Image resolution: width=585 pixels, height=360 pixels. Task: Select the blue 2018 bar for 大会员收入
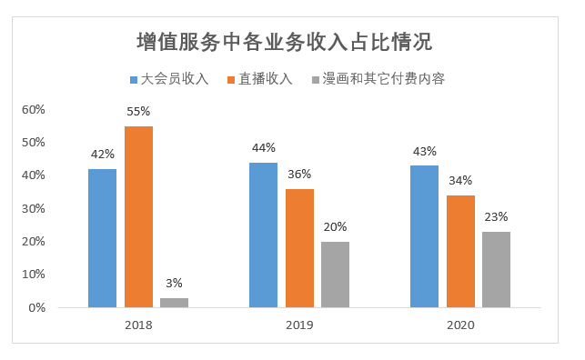point(102,238)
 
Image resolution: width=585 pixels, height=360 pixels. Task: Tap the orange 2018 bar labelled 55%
point(138,216)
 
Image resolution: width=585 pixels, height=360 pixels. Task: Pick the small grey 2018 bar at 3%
point(174,302)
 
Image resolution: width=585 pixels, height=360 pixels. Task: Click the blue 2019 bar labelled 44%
point(263,235)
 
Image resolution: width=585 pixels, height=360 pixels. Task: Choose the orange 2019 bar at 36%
point(299,247)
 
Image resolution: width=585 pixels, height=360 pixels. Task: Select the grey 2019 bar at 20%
point(335,274)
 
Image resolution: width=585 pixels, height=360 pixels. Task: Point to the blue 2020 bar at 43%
point(424,236)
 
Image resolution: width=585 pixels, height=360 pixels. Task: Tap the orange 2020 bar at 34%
point(460,251)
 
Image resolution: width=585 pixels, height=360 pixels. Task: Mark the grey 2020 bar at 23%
point(496,269)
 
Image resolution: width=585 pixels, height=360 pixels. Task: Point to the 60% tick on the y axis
point(34,109)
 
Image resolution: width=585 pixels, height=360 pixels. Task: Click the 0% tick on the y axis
point(36,307)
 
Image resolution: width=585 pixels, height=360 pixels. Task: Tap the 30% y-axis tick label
point(34,208)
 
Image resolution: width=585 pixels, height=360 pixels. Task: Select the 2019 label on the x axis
point(299,325)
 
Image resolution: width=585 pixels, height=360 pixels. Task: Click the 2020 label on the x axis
point(460,325)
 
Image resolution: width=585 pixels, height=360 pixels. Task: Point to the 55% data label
point(138,111)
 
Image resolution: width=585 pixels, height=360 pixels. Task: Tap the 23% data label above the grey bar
point(496,217)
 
